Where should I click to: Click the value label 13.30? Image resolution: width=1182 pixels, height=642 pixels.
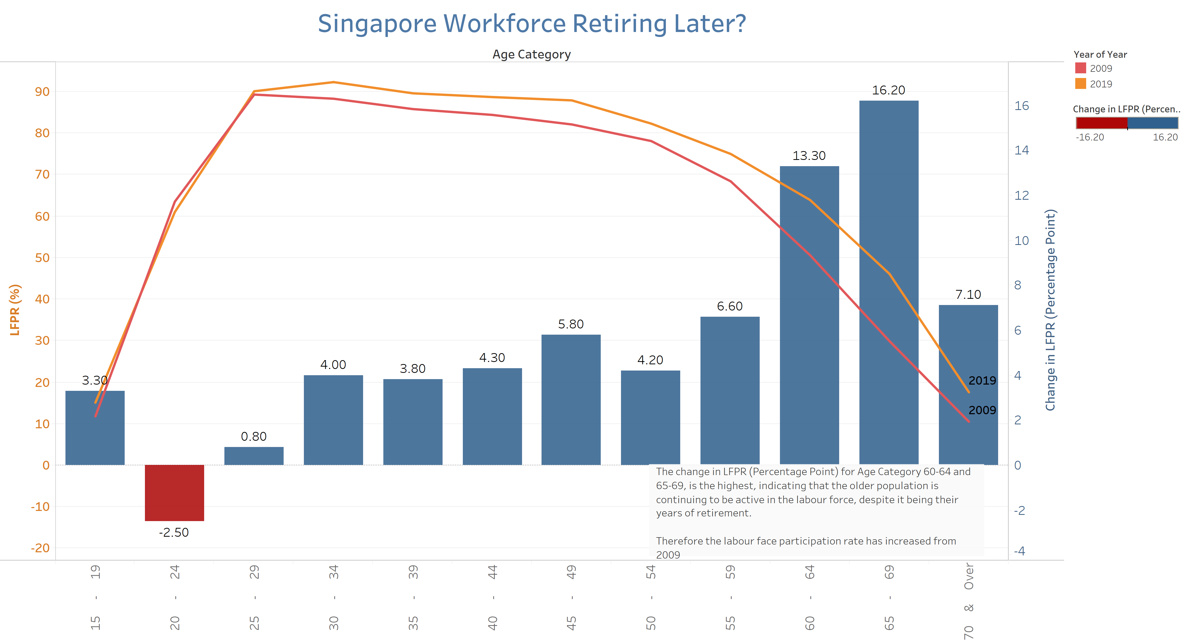tap(809, 156)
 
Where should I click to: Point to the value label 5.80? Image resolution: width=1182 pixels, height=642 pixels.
tap(571, 324)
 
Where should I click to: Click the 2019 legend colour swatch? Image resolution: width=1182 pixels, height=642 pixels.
tap(1081, 83)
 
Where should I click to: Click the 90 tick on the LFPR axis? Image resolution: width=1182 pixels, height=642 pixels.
tap(42, 92)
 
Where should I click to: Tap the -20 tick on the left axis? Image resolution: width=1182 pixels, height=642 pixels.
tap(40, 548)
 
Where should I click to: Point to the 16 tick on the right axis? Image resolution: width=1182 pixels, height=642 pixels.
tap(1021, 106)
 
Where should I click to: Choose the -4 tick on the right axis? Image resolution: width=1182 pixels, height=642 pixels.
tap(1020, 551)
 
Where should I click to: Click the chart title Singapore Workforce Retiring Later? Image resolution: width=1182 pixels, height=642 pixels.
tap(532, 24)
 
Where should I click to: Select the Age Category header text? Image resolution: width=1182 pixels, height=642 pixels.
tap(531, 55)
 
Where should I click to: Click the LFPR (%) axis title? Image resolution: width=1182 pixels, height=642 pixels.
tap(15, 310)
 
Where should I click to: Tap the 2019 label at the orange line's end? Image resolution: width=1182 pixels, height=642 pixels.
tap(982, 381)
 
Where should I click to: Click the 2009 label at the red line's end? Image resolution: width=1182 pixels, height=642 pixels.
tap(982, 410)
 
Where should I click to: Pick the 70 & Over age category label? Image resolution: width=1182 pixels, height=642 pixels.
tap(968, 602)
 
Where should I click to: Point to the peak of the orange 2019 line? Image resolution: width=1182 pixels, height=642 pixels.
tap(333, 82)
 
